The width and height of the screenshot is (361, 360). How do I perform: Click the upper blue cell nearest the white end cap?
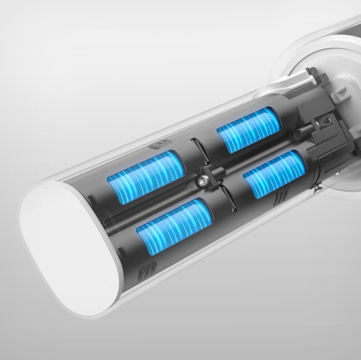pos(146,177)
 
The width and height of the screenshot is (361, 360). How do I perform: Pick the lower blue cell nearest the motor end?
pos(275,174)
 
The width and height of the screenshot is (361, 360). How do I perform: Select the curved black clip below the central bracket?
pos(228,200)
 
